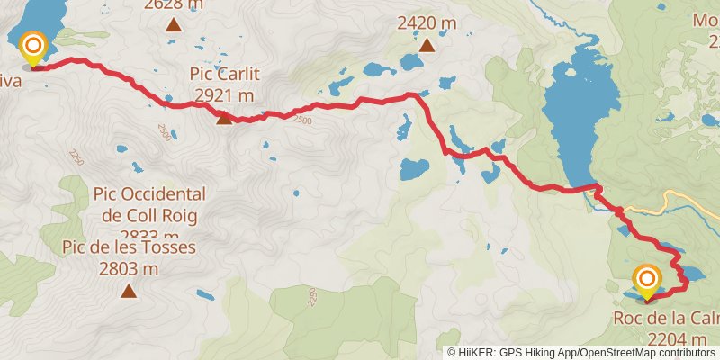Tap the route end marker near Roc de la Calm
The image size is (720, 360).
click(x=646, y=281)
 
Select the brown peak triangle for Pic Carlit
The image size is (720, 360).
click(x=223, y=116)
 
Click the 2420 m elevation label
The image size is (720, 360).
click(x=427, y=22)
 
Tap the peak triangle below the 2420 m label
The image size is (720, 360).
click(x=427, y=43)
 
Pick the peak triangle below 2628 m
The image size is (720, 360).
click(x=172, y=23)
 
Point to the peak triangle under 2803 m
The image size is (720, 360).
click(x=130, y=290)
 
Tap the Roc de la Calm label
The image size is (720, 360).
click(x=665, y=319)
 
